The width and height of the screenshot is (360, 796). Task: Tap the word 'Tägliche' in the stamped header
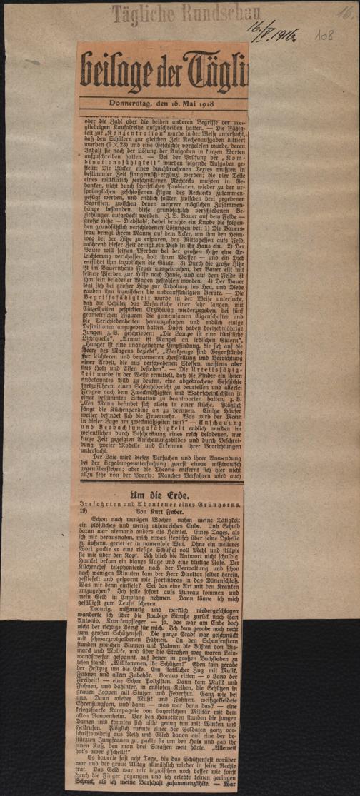(x=141, y=12)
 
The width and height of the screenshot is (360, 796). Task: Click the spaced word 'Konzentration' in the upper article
(x=123, y=132)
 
